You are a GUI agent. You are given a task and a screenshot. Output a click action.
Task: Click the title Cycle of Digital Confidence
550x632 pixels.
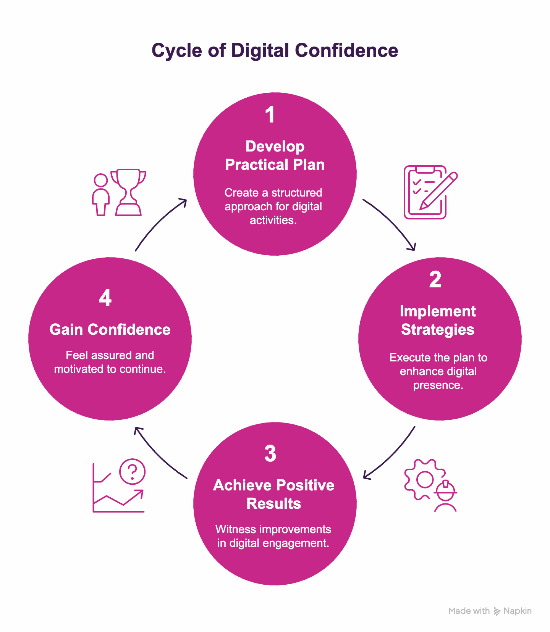[275, 50]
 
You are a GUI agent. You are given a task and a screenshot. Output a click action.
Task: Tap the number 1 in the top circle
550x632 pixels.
[270, 114]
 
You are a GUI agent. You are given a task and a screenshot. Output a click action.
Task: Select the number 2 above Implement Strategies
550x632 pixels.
[435, 279]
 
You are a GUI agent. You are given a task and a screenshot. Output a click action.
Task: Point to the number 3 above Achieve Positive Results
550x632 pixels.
[270, 453]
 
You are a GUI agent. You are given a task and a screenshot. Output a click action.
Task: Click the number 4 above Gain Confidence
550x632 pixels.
[105, 298]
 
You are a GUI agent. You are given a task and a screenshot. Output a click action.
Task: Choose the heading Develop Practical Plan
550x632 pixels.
[275, 155]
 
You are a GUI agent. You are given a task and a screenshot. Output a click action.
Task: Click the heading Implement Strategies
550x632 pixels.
[438, 320]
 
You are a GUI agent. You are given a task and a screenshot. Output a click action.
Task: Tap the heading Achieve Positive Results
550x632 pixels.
[274, 494]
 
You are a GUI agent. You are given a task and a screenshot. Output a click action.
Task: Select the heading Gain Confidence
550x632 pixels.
[110, 329]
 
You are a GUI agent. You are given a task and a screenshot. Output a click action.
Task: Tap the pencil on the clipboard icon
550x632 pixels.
[439, 190]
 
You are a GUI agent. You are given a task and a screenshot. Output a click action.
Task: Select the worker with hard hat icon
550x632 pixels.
[445, 496]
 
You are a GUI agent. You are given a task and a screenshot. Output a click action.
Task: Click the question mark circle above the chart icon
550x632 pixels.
[132, 472]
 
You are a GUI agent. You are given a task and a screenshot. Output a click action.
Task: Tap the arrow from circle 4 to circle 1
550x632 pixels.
[159, 223]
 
